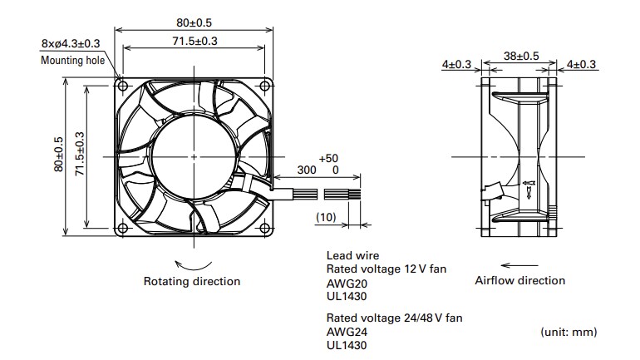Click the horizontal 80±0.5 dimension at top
point(194,22)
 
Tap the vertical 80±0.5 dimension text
point(58,155)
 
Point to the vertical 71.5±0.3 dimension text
point(80,155)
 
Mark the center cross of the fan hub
point(194,156)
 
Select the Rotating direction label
point(192,281)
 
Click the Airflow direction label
point(519,280)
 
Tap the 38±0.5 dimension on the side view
point(521,56)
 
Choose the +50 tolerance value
point(328,158)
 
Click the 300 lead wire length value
point(306,170)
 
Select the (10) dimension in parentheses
point(327,217)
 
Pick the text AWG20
point(342,282)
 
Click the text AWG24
point(342,331)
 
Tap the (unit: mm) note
point(569,331)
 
